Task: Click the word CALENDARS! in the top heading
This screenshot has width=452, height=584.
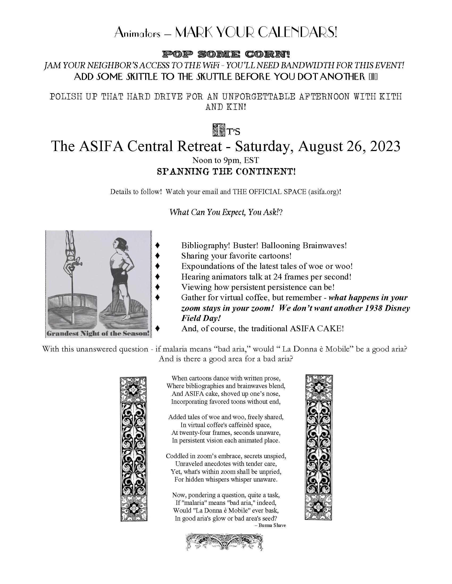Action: point(297,33)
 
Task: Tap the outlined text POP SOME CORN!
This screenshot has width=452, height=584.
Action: point(226,55)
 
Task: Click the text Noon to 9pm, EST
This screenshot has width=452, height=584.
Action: point(226,160)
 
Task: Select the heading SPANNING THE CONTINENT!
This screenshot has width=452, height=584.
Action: point(226,171)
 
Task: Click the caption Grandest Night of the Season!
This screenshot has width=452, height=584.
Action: point(98,333)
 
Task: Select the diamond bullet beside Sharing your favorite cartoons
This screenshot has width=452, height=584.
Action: point(158,256)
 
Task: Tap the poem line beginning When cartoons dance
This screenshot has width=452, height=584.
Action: point(226,378)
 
